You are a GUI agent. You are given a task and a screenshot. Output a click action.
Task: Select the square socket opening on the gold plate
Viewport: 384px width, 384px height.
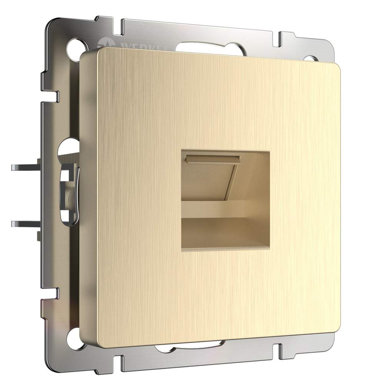click(225, 200)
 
